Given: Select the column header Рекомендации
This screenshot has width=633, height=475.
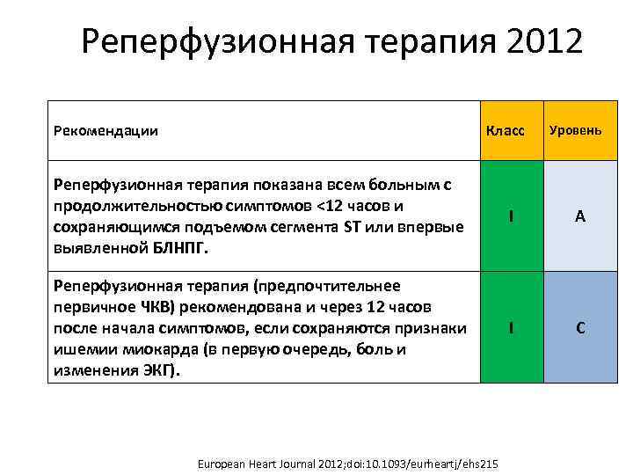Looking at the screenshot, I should coord(105,131).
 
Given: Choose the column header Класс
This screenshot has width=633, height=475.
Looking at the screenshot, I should coord(506,131).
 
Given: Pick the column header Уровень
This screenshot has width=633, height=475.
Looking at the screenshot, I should coord(576,130).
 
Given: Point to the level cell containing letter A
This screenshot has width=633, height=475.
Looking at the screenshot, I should coord(580,216).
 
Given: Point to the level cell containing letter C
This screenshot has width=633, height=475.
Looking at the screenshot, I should coord(580,327).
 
